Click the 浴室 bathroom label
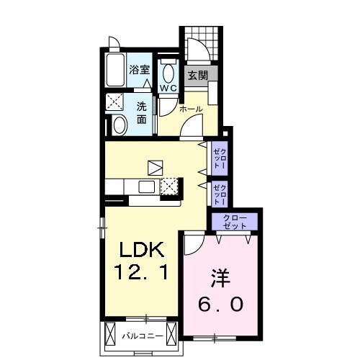pos(140,71)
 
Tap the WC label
pos(168,88)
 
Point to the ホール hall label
pos(191,109)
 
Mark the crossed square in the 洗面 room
pos(114,102)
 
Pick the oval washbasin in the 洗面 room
pos(120,126)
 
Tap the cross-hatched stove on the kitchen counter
pos(168,186)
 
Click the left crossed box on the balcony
pos(111,336)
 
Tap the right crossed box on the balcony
pos(171,336)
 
